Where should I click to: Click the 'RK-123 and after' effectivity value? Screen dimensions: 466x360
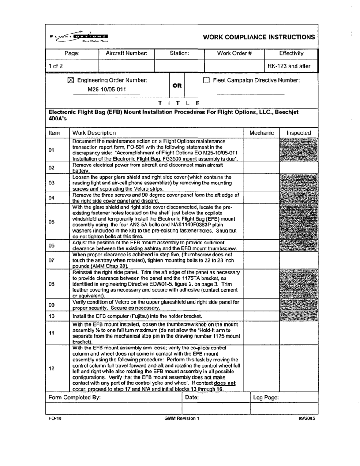pos(292,66)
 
